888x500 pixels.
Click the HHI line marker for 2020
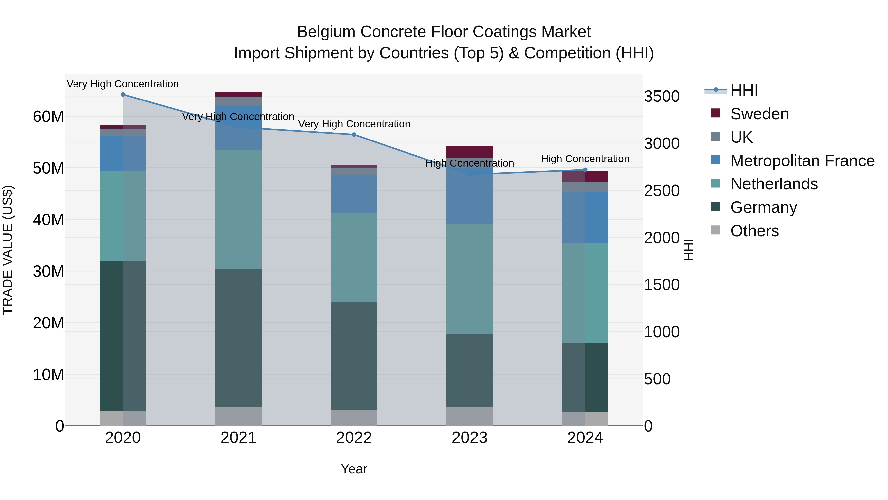pos(123,95)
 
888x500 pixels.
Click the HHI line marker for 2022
pos(354,135)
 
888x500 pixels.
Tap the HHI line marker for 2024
pos(585,170)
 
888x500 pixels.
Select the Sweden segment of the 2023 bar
pos(469,152)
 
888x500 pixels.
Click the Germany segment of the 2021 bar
pos(238,338)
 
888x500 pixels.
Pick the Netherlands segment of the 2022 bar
pos(354,258)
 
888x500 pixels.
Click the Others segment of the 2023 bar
pos(469,417)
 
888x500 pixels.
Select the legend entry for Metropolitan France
pos(802,161)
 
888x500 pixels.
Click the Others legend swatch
pos(716,230)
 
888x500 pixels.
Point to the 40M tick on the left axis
pos(48,220)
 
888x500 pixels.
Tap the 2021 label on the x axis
pos(238,438)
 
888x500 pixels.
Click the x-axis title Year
pos(354,469)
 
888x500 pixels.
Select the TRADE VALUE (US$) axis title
pos(8,250)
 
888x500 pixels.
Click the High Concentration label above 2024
pos(585,159)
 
